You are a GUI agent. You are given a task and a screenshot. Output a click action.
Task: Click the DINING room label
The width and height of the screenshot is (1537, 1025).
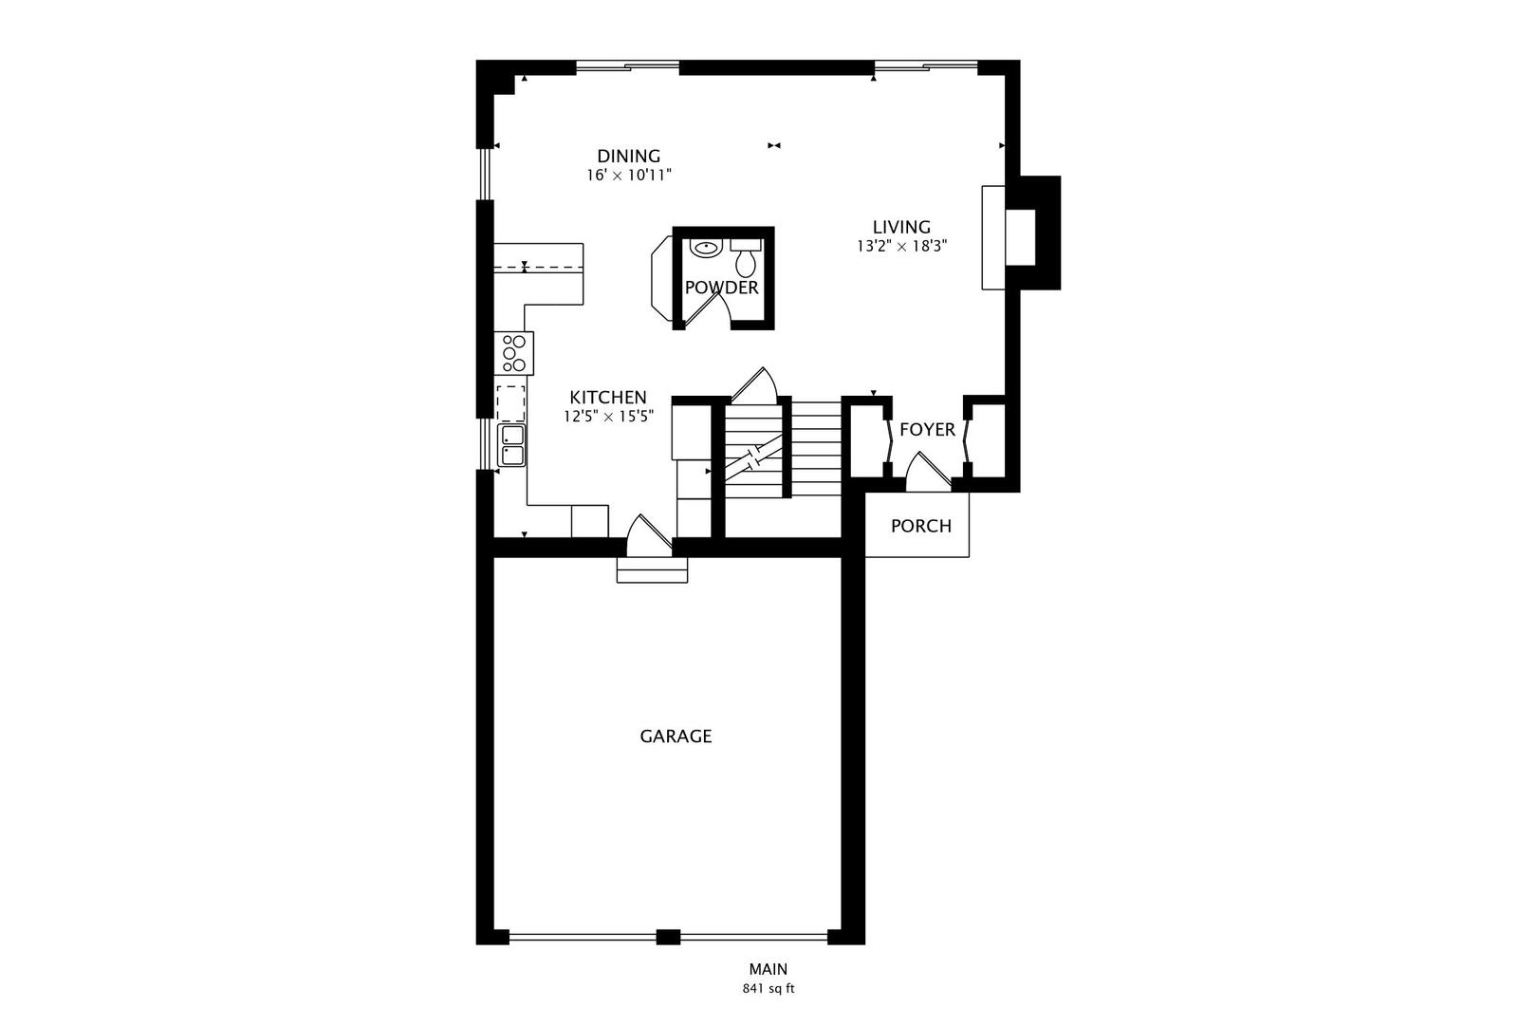coord(628,157)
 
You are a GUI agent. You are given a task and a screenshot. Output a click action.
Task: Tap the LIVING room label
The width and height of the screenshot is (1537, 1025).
coord(901,227)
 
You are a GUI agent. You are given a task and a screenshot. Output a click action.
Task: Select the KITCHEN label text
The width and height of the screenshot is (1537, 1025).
coord(608,398)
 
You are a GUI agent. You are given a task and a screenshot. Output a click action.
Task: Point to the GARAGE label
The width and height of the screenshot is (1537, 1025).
coord(676,736)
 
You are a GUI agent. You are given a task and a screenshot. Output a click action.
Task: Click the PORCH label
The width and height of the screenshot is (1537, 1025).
coord(921,527)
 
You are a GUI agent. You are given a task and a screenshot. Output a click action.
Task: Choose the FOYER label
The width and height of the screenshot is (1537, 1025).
coord(927,430)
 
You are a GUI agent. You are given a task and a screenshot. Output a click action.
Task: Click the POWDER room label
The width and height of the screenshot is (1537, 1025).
coord(722,289)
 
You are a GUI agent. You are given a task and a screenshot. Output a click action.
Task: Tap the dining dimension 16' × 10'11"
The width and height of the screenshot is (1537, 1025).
coord(628,176)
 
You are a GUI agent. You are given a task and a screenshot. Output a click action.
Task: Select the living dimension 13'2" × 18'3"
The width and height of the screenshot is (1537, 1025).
coord(901,247)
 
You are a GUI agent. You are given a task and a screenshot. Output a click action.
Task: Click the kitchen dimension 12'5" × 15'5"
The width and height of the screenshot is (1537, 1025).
coord(608,417)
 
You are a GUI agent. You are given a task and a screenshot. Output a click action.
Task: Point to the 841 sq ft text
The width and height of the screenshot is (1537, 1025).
coord(768,989)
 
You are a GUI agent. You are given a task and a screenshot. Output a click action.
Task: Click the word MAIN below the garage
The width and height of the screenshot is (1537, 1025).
coord(768,969)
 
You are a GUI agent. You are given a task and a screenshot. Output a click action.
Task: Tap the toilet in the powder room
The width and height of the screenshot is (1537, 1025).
coord(745,257)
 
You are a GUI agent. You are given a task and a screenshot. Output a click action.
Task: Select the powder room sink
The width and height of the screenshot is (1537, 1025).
coord(705,247)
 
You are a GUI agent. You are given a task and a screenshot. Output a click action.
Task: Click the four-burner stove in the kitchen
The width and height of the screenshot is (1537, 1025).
coord(514,354)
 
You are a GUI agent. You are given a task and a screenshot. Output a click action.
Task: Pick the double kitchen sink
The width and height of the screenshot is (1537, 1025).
coord(512,445)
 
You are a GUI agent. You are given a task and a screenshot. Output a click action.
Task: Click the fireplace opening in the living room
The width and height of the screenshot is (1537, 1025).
coord(1020,237)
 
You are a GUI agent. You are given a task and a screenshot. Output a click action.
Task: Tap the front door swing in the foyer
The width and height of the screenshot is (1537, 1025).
coord(929,473)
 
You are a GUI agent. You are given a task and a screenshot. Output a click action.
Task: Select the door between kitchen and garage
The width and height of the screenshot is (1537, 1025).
coord(649,535)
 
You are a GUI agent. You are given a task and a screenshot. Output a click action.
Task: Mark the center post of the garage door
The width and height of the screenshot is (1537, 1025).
coord(668,937)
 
